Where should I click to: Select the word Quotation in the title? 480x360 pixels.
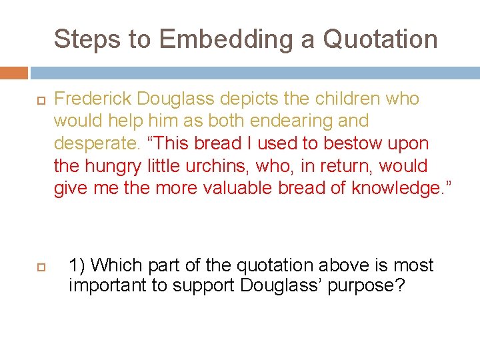pos(380,39)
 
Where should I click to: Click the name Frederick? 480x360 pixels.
pos(93,99)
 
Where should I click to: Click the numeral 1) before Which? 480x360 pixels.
pos(77,265)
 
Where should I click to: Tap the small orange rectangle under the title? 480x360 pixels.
pos(13,72)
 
